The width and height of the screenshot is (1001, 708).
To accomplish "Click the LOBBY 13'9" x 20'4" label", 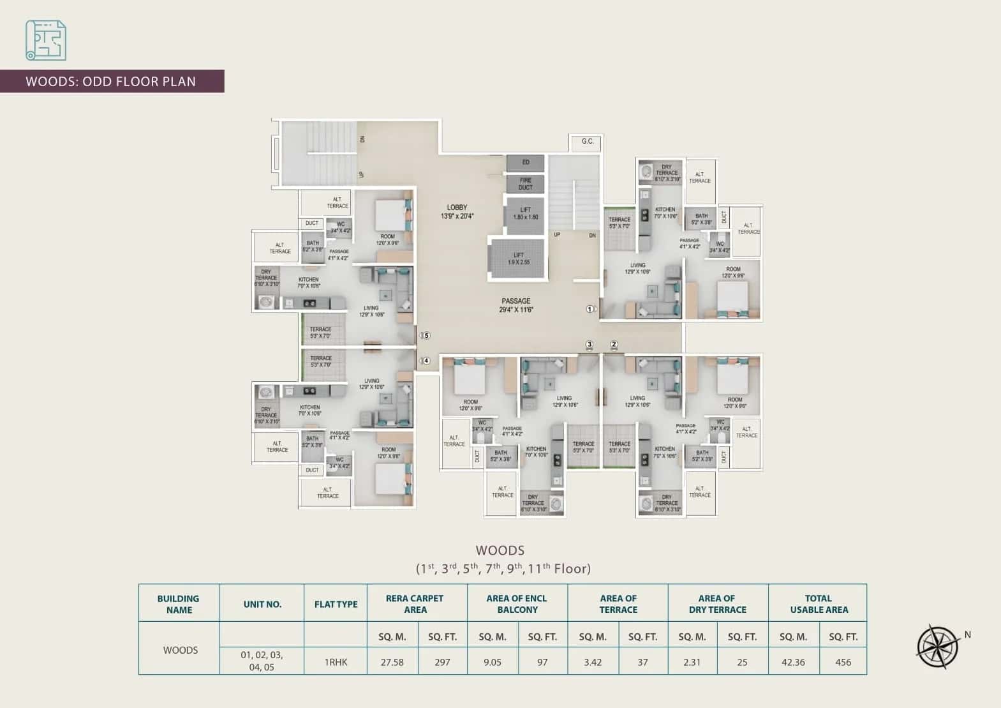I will pos(457,212).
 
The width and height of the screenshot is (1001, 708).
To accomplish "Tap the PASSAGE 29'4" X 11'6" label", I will pos(515,305).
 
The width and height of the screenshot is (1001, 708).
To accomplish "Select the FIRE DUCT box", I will pos(525,184).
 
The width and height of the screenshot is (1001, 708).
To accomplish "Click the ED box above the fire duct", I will pos(525,162).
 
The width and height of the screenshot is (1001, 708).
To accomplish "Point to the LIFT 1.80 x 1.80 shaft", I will pos(525,213).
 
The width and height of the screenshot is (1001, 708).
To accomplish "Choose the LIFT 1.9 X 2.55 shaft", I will pos(518,259).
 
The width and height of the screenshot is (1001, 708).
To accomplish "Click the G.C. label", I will pos(587,141).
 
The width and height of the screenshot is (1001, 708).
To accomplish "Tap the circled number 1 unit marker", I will pos(590,310).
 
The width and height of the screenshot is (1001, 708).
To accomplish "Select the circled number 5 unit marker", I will pos(426,335).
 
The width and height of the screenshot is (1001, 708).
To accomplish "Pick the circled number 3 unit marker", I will pos(589,345).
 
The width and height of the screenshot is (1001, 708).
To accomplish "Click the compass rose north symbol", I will pos(938,646).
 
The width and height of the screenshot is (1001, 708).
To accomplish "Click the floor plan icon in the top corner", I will pos(46,40).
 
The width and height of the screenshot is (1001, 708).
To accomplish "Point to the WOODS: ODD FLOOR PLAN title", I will pos(111,82).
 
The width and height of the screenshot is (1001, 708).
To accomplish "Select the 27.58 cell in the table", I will pos(392,662).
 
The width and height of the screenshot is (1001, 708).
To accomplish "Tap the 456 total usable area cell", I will pos(843,662).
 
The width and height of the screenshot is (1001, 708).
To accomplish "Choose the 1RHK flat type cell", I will pos(336,662).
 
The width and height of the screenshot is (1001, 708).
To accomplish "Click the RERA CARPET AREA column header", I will pos(415,604).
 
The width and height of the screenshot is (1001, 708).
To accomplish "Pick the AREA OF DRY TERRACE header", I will pos(717,604).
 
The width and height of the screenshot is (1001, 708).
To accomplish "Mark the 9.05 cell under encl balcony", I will pos(492,662).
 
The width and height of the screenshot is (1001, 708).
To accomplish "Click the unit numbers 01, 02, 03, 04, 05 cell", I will pos(262,661).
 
